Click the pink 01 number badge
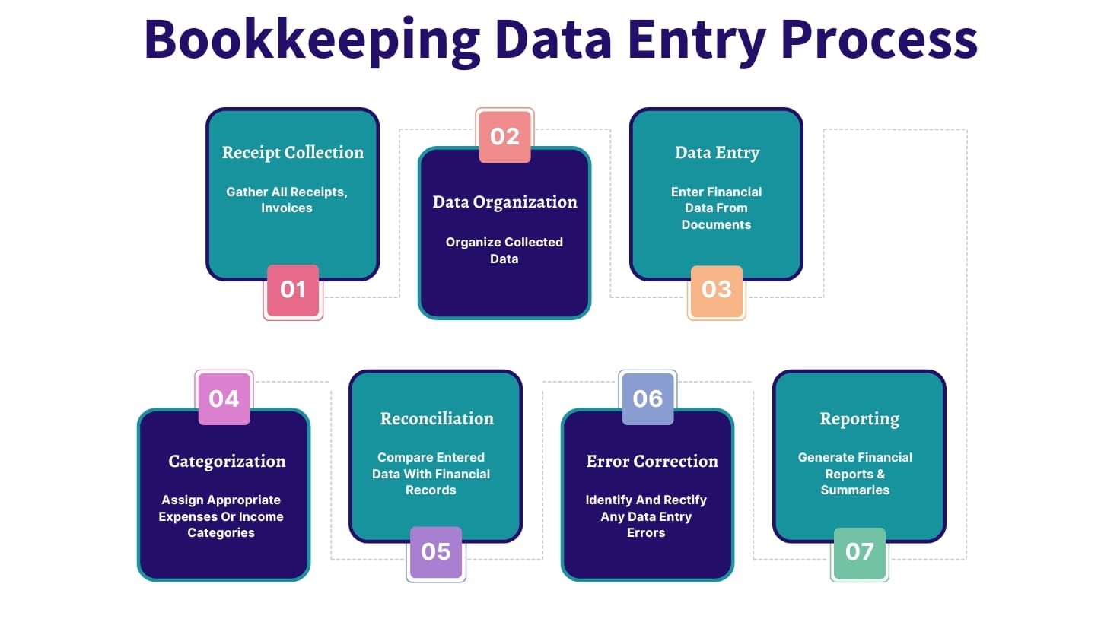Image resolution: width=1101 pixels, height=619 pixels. (293, 290)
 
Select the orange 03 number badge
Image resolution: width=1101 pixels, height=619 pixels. (717, 291)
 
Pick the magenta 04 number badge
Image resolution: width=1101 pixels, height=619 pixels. (224, 398)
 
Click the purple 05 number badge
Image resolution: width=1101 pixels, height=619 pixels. (436, 552)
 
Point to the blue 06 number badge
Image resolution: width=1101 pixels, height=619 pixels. (648, 398)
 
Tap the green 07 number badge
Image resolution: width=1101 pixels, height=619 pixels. (860, 553)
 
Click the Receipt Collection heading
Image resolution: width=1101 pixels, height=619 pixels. (293, 153)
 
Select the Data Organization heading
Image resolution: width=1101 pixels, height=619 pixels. (504, 202)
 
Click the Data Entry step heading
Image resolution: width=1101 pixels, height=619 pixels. (717, 153)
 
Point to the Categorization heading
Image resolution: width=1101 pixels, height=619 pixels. (227, 462)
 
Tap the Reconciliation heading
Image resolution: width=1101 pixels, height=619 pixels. (437, 418)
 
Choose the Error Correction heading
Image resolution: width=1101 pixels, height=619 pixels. (652, 462)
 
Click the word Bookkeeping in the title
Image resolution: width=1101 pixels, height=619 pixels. (312, 40)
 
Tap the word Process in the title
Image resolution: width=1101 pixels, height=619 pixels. (880, 40)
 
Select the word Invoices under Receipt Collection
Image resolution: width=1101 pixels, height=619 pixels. (287, 208)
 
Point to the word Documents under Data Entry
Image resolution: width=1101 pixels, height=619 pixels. (716, 225)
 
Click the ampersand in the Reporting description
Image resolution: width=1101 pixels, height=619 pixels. (880, 475)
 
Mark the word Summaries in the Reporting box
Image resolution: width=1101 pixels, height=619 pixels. (854, 490)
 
